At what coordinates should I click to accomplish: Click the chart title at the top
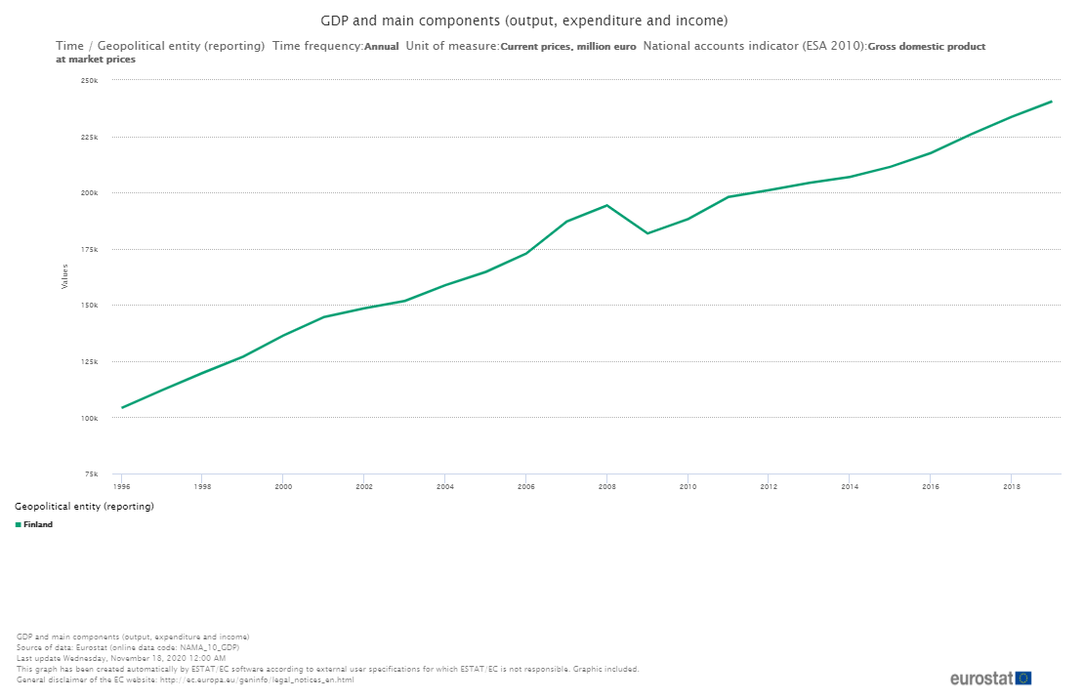click(x=524, y=21)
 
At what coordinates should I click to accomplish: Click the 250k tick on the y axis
click(x=90, y=80)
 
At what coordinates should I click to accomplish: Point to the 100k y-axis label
click(x=90, y=418)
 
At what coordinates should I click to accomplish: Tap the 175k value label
click(x=90, y=249)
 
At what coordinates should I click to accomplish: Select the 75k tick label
click(x=92, y=474)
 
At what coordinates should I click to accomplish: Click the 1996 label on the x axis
click(x=122, y=485)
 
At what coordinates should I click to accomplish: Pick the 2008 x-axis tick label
click(x=606, y=485)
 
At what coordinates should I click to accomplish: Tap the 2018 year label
click(x=1012, y=485)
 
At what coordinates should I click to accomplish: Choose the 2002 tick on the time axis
click(x=364, y=485)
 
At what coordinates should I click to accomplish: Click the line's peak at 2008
click(x=607, y=205)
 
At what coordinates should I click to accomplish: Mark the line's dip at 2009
click(x=647, y=233)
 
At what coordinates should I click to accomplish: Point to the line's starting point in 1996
click(x=122, y=407)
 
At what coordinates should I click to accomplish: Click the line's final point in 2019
click(x=1052, y=102)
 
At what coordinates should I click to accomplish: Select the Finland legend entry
click(x=38, y=524)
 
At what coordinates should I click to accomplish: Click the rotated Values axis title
click(x=65, y=276)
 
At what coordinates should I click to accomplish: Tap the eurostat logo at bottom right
click(x=990, y=678)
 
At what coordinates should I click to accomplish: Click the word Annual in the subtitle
click(x=381, y=46)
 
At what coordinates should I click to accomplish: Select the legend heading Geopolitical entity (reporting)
click(x=85, y=507)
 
